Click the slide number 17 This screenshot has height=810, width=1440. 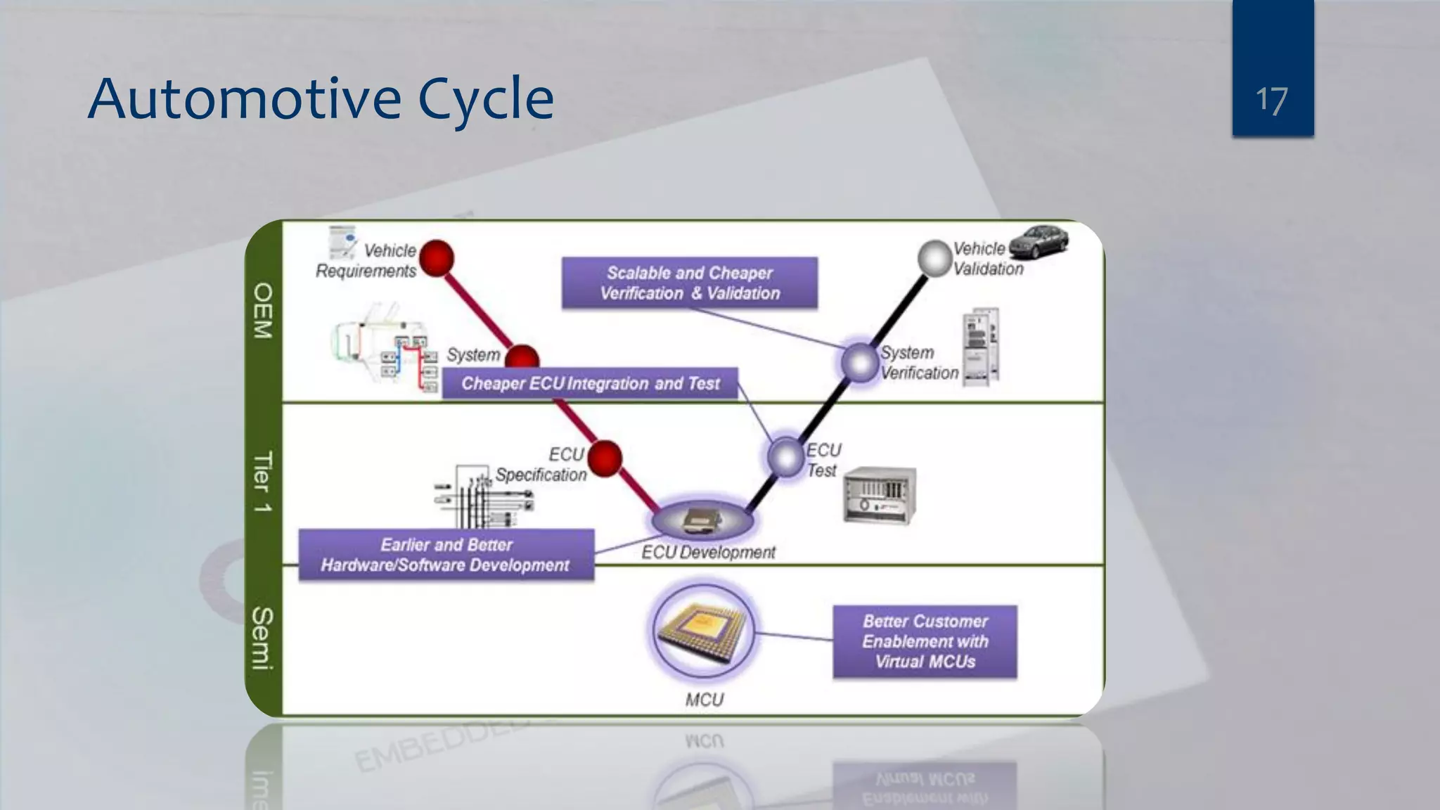tap(1271, 101)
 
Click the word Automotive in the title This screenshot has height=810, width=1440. tap(244, 99)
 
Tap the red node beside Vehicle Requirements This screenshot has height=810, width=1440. tap(437, 258)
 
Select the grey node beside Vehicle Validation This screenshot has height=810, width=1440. tap(935, 258)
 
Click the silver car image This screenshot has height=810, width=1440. tap(1039, 243)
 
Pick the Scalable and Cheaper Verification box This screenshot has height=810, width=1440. tap(689, 283)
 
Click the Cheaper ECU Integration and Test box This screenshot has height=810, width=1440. tap(590, 383)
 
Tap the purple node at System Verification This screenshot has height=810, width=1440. tap(860, 363)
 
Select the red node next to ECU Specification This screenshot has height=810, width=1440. tap(605, 458)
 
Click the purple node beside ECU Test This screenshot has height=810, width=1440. tap(785, 457)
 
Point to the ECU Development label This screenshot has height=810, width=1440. tap(707, 553)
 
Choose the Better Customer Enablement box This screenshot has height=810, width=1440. tap(925, 641)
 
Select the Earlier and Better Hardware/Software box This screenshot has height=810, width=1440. tap(446, 555)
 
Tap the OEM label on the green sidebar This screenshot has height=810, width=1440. tap(263, 311)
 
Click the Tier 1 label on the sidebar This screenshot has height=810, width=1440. tap(263, 481)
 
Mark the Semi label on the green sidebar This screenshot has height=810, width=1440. tap(263, 638)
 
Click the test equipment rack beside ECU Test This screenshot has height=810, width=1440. tap(880, 495)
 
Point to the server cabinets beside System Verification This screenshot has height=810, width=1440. tap(980, 347)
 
